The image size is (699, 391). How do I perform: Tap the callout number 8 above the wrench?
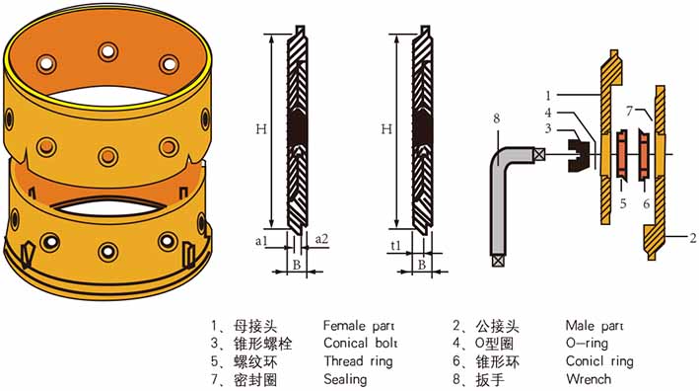[497, 118]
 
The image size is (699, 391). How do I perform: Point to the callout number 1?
[549, 95]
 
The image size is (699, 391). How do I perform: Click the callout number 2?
[692, 238]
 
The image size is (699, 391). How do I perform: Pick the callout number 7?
[629, 111]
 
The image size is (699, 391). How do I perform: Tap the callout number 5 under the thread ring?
[623, 203]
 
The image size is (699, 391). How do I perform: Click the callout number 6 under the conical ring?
[647, 203]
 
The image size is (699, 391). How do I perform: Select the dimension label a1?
[261, 241]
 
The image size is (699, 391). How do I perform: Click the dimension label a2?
[321, 239]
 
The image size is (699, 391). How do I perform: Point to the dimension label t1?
[395, 245]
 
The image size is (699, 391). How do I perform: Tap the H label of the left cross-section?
[261, 129]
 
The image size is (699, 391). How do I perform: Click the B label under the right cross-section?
[422, 265]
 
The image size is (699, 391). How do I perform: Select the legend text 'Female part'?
[359, 326]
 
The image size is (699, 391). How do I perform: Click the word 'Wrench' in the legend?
[589, 379]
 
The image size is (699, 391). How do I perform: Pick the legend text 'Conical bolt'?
[360, 344]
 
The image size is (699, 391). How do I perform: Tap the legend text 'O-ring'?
[587, 344]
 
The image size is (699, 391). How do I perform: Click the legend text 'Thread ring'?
[359, 361]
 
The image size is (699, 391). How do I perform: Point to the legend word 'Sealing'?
[345, 380]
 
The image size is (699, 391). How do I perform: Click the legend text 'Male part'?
[594, 326]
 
